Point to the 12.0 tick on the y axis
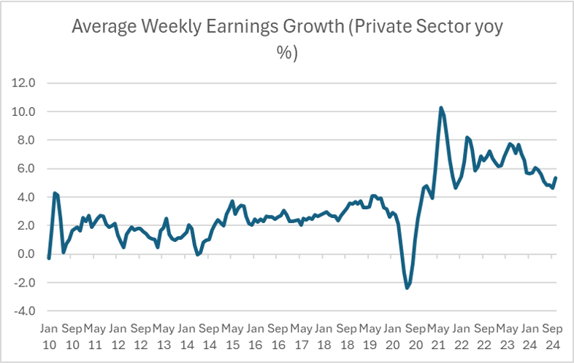pyautogui.click(x=23, y=83)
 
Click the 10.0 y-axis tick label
pyautogui.click(x=23, y=112)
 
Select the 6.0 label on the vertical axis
pyautogui.click(x=26, y=168)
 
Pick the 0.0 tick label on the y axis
pyautogui.click(x=26, y=254)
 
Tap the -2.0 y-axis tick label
pyautogui.click(x=24, y=283)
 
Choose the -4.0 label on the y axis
pyautogui.click(x=24, y=311)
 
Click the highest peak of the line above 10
pyautogui.click(x=441, y=108)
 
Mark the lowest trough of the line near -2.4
pyautogui.click(x=407, y=288)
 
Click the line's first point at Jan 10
pyautogui.click(x=48, y=258)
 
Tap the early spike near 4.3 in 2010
pyautogui.click(x=55, y=193)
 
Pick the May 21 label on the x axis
pyautogui.click(x=437, y=336)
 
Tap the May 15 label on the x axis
pyautogui.click(x=232, y=336)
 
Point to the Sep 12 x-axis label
pyautogui.click(x=140, y=336)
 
